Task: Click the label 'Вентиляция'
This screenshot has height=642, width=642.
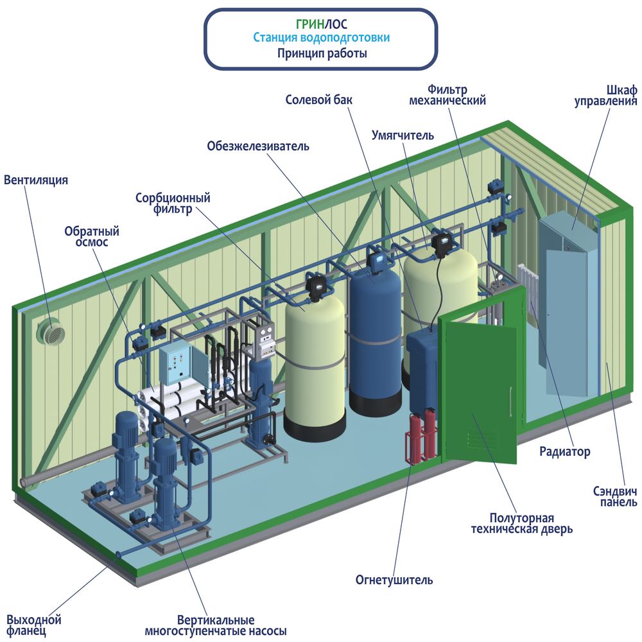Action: coord(36,180)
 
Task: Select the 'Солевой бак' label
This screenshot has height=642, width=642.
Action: coord(319,100)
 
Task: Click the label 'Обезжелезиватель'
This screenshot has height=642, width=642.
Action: coord(258,146)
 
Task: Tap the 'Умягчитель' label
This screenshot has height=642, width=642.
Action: coord(403,135)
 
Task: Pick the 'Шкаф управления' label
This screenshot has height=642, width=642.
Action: coord(614,95)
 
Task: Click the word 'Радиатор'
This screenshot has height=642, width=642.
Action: coord(564,452)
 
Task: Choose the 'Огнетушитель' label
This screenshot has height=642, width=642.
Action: coord(394,580)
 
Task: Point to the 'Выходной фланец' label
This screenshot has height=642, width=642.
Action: coord(34,625)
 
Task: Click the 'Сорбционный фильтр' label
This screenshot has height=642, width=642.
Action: coord(173,203)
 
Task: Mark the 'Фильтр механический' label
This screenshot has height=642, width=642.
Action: coord(456,95)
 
